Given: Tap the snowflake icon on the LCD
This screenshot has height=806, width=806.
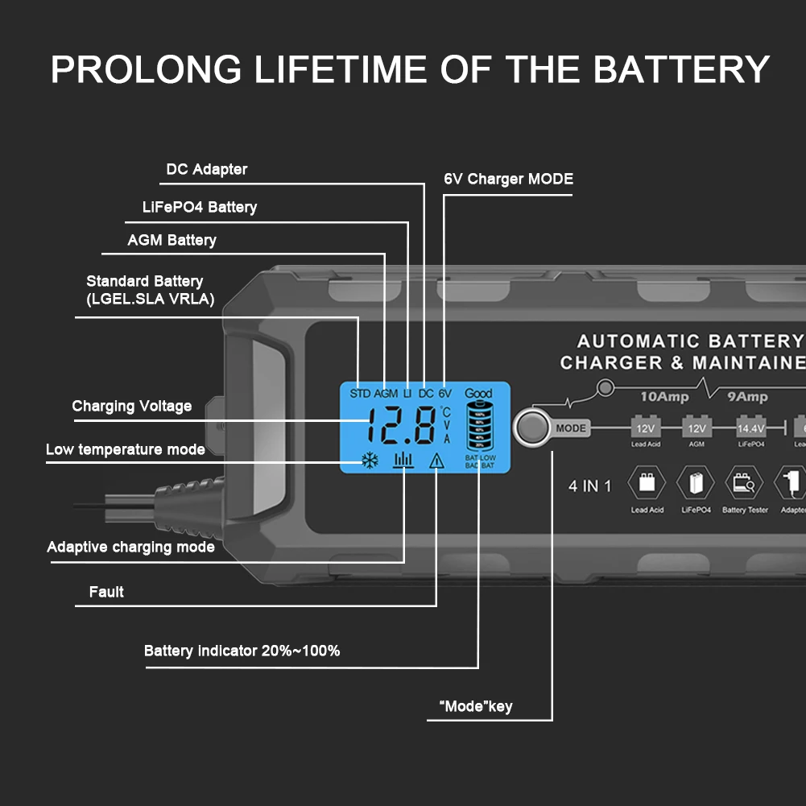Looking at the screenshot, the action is click(370, 461).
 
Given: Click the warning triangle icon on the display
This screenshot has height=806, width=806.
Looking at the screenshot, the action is click(436, 461).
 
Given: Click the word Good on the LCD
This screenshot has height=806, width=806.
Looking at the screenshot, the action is click(478, 394).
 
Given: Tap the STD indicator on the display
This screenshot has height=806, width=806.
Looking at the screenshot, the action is click(360, 394).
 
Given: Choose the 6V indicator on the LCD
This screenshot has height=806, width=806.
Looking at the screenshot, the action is click(445, 394).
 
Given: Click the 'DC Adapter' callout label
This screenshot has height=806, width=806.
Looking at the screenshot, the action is click(206, 169).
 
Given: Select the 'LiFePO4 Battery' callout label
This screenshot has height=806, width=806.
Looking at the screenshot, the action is click(199, 207).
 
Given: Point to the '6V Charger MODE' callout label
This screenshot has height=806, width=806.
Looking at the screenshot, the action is click(508, 179).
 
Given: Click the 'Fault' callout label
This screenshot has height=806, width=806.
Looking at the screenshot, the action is click(106, 592).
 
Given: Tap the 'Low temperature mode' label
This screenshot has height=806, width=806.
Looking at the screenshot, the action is click(125, 449).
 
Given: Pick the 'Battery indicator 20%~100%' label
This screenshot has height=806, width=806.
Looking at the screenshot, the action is click(242, 651).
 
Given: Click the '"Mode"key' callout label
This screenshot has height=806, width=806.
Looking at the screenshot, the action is click(475, 707).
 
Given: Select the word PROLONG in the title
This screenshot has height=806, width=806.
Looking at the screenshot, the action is click(146, 69).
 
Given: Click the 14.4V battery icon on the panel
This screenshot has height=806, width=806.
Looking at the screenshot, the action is click(750, 428).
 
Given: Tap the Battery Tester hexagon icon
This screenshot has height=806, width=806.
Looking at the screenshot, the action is click(744, 482).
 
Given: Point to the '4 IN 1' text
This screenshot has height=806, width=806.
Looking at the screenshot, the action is click(590, 486).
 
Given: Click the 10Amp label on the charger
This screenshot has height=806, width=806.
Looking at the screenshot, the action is click(663, 397).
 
